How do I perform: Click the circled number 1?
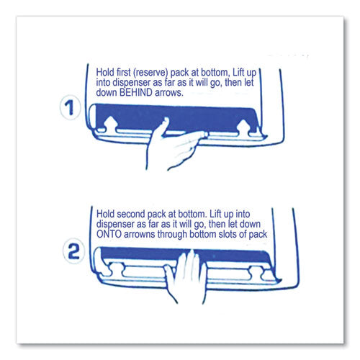pos(70,107)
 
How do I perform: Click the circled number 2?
pos(73,251)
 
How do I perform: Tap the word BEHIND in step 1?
pos(136,92)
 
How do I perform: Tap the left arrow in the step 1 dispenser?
pos(110,124)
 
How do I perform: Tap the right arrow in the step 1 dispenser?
pos(243,127)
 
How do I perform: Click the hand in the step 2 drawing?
pos(186,276)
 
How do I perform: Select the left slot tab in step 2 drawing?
pos(117,269)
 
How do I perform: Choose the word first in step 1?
pos(124,72)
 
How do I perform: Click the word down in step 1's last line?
pos(107,92)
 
